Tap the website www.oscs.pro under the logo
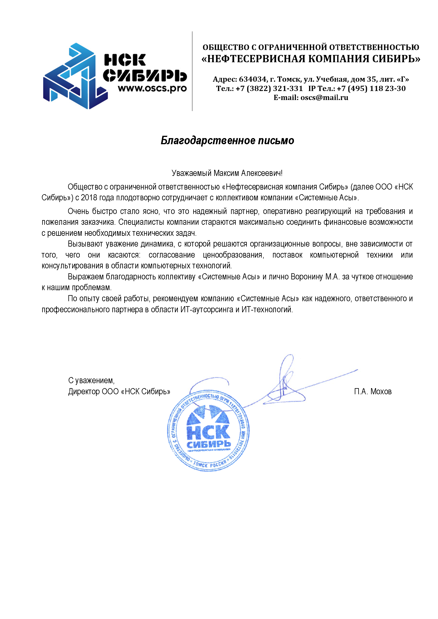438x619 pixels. (152, 88)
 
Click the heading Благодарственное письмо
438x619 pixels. (227, 140)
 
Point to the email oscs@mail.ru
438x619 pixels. (324, 97)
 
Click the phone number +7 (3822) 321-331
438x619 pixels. (269, 88)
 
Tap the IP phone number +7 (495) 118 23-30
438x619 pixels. (371, 88)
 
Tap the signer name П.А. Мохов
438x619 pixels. (373, 392)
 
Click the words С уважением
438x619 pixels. (91, 380)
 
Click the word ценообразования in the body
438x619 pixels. (233, 255)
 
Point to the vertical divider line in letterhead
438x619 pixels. (192, 71)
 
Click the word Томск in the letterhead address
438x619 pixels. (289, 79)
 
